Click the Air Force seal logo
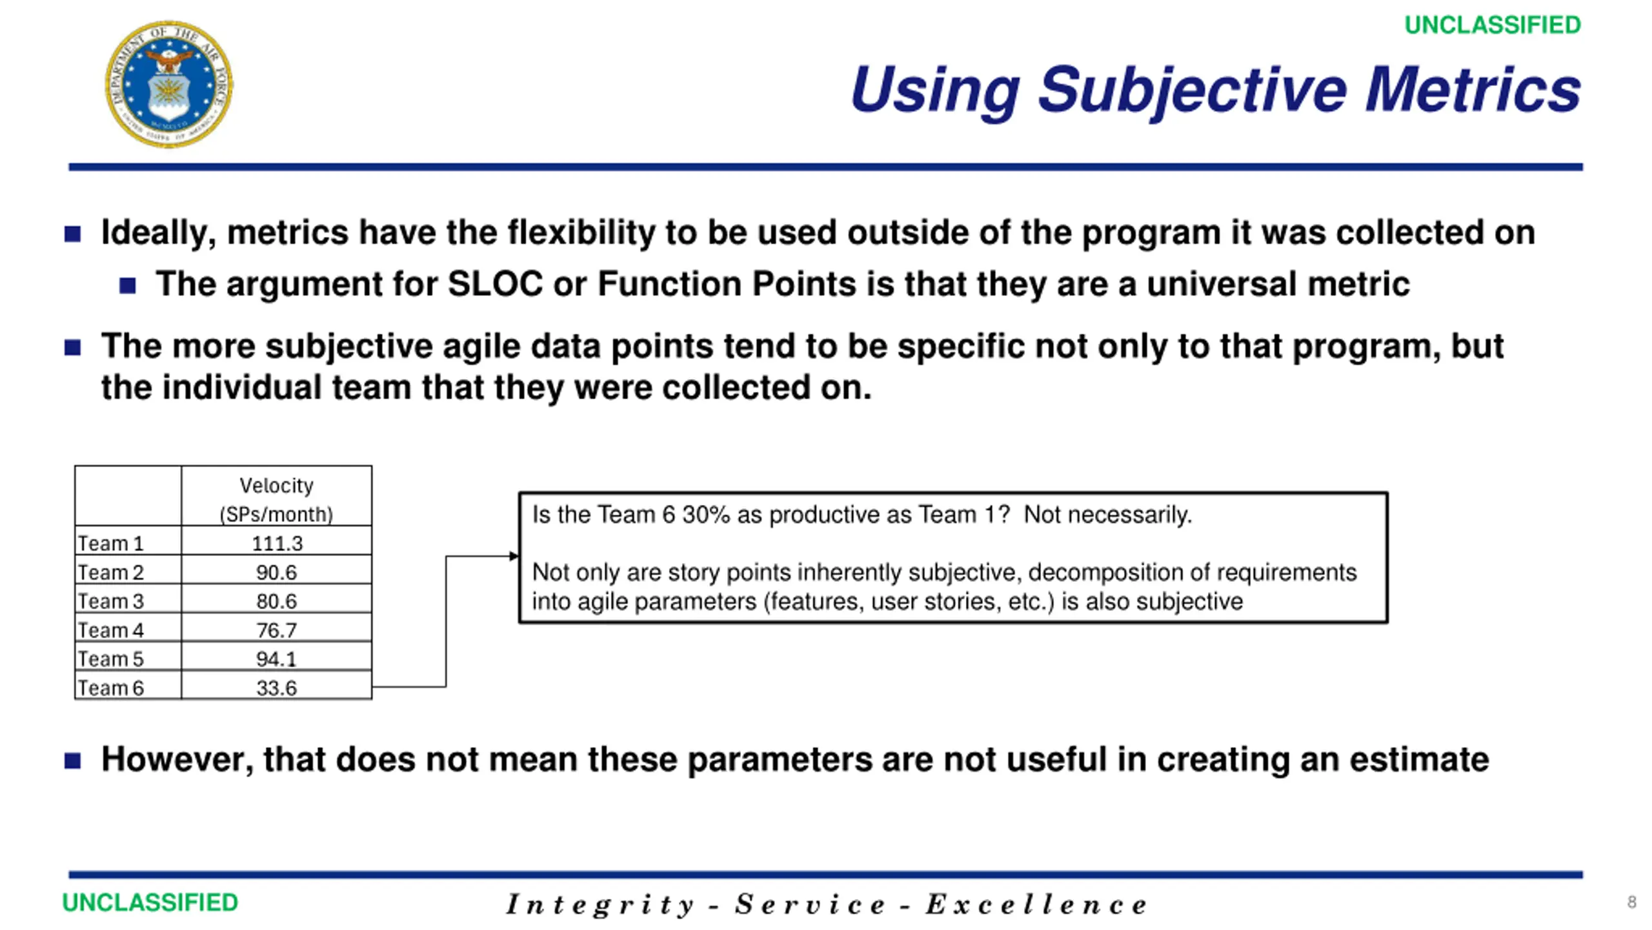click(169, 84)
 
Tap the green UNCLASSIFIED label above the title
click(1493, 25)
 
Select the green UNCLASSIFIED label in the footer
click(150, 902)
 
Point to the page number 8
click(1631, 902)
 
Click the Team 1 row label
click(110, 543)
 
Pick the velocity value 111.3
click(277, 543)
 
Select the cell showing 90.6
click(277, 572)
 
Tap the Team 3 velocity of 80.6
click(277, 601)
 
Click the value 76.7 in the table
click(277, 630)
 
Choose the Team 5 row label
click(110, 659)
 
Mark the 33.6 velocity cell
click(277, 688)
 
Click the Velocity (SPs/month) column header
click(277, 499)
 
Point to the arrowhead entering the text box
click(514, 556)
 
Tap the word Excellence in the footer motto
click(1036, 904)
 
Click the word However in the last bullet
click(177, 759)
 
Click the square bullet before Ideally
click(73, 234)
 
